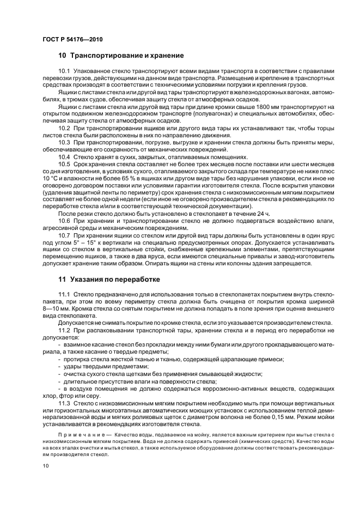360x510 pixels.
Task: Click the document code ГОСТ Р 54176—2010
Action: (72, 40)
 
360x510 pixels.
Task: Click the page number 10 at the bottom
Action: (46, 466)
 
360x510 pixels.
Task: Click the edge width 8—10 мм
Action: (55, 308)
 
